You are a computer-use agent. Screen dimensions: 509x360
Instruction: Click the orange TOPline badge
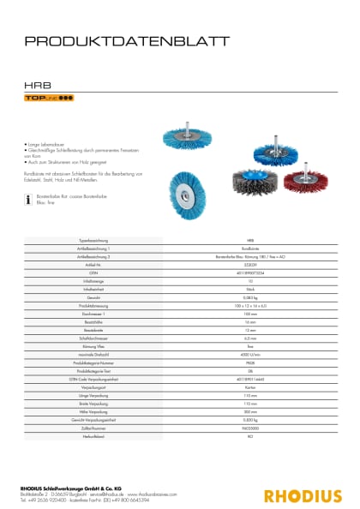[x=48, y=99]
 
